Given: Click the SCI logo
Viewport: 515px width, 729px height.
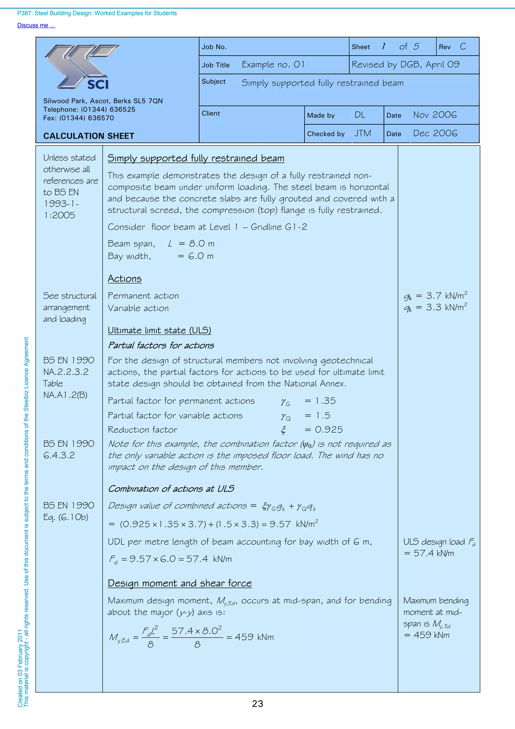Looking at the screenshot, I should pos(82,67).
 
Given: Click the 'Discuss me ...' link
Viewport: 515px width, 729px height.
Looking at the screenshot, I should pos(36,25).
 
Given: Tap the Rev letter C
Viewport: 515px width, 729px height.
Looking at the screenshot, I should pos(463,47).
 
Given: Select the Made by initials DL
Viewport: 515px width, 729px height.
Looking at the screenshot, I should pos(360,115).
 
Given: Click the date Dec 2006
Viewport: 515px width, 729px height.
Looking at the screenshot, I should pos(435,133).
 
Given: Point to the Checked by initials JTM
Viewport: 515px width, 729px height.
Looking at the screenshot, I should pos(362,133).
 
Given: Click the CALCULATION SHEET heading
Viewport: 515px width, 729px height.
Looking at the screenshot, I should pos(89,136).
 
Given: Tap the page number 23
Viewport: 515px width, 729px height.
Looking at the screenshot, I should pos(257,704).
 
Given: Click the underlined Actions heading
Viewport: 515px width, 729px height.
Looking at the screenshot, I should pos(124,279).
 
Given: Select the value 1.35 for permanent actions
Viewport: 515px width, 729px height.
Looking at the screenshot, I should pos(325,401).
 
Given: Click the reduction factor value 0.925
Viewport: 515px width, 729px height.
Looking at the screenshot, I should pos(329,430).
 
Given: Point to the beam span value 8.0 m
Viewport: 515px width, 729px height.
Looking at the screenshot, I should pos(201,244).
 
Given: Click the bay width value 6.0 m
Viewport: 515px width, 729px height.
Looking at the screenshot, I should pos(200,256).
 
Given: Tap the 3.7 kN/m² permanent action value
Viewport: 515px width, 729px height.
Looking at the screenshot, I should pos(446,296).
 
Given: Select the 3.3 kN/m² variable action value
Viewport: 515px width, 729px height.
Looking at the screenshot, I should pos(446,307).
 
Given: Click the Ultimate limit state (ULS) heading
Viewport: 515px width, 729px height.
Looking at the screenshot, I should pos(159,330).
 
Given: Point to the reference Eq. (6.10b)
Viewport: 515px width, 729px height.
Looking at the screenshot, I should pos(66,517).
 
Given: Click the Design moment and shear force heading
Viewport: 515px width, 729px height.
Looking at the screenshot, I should pos(180,583).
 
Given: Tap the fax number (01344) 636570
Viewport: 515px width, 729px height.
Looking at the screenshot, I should pos(86,118).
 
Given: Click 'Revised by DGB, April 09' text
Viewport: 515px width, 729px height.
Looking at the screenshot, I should pos(405,65).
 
